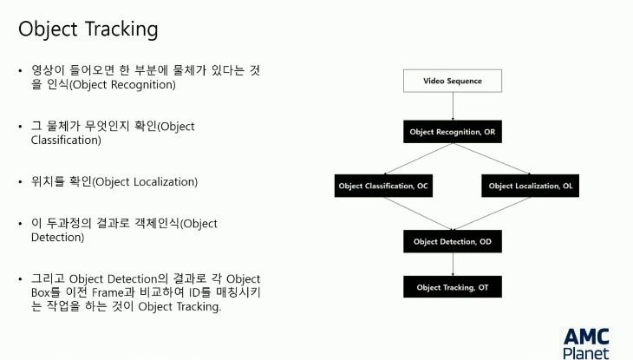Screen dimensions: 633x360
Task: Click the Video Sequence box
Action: [453, 81]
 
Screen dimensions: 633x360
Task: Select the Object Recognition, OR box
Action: [453, 132]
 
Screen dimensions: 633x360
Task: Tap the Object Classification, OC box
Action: [383, 186]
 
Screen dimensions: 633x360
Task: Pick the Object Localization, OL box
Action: [531, 186]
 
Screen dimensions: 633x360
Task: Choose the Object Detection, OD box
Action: [453, 242]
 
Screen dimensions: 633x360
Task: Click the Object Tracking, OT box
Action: [453, 287]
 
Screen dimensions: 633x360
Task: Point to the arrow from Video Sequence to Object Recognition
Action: [453, 106]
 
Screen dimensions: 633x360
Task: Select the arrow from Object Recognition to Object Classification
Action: [418, 159]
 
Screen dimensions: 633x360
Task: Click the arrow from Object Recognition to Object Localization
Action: [492, 159]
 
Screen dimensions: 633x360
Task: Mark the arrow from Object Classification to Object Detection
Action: [418, 213]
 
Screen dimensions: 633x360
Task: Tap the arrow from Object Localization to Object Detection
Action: [492, 213]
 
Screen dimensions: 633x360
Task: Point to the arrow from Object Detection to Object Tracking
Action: [453, 265]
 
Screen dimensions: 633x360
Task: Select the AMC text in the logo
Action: [586, 337]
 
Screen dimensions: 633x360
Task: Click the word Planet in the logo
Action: [586, 353]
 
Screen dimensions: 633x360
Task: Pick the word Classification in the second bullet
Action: [65, 141]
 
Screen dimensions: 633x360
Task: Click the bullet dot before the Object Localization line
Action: [20, 182]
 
